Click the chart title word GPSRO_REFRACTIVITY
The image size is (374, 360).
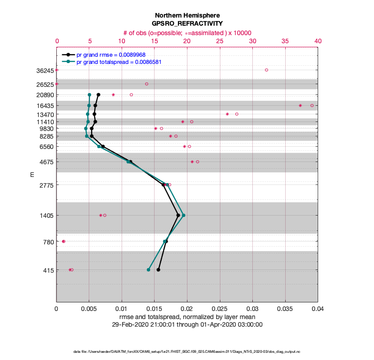187,23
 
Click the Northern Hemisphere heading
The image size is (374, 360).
187,15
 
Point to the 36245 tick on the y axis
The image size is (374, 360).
45,70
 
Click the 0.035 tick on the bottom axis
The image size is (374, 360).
285,309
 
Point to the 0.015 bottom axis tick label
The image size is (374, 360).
155,309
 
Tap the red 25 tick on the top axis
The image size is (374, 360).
220,41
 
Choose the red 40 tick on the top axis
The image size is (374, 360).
318,41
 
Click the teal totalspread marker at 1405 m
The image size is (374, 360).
183,215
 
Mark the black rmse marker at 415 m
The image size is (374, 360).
158,270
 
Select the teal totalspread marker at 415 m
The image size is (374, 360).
148,270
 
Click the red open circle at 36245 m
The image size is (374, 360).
266,70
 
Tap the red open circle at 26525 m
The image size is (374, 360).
146,84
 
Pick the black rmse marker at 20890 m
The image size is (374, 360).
98,94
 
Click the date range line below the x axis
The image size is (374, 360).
187,324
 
